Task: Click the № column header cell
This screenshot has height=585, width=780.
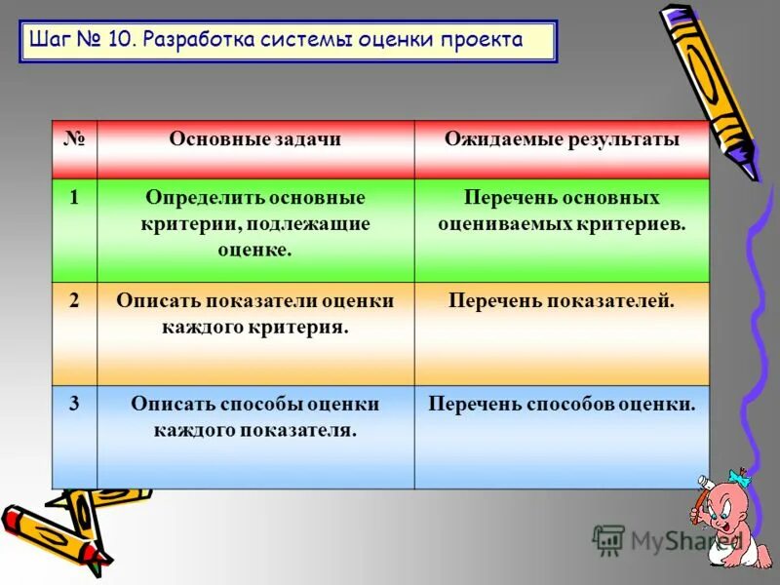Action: click(x=74, y=140)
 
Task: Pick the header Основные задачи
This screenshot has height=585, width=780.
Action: click(x=255, y=140)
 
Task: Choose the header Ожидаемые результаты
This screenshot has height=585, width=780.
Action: click(x=562, y=140)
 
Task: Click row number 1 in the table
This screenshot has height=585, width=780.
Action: click(x=74, y=198)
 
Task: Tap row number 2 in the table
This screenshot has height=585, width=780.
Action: click(x=74, y=301)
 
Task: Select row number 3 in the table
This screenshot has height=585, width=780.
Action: click(x=74, y=404)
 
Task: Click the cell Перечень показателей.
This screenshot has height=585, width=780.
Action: click(x=562, y=301)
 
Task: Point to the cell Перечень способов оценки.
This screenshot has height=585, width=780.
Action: click(x=562, y=404)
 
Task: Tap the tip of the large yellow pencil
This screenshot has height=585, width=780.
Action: click(x=754, y=175)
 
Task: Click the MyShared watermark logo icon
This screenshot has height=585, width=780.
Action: click(x=608, y=540)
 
